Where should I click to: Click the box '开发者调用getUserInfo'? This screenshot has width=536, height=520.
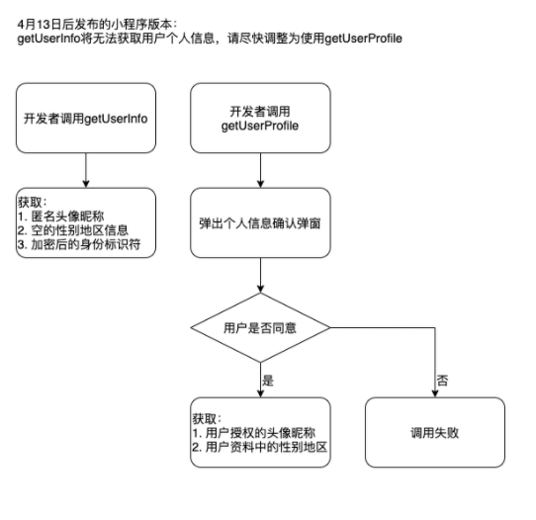coord(86,118)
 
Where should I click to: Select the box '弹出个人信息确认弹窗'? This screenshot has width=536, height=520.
coord(260,222)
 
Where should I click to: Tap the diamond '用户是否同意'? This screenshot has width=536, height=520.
coord(260,327)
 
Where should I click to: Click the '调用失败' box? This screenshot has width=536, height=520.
coord(435,432)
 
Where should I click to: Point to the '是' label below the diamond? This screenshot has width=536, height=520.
coord(268,381)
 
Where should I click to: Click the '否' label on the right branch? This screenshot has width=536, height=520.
coord(442,381)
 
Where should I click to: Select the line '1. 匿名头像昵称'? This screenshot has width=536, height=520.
coord(61,217)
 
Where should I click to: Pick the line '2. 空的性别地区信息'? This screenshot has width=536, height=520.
coord(73,230)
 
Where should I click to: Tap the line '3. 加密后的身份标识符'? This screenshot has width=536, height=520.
coord(79,244)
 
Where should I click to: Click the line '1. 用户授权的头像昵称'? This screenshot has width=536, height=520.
coord(253,433)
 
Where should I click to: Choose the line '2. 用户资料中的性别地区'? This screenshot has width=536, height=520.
coord(260,447)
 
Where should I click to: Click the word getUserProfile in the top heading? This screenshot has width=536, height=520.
coord(363,39)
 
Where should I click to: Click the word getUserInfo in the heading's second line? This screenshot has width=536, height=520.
coord(48,39)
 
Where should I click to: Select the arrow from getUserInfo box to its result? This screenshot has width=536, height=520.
coord(86,170)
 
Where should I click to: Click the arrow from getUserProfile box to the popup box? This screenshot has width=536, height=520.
coord(260,170)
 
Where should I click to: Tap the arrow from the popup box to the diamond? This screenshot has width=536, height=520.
coord(260,276)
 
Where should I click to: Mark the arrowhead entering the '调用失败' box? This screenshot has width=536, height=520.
coord(435,393)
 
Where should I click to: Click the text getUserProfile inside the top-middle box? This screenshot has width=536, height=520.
coord(260,127)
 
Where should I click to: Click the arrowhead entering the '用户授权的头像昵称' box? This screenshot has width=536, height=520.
coord(260,393)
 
